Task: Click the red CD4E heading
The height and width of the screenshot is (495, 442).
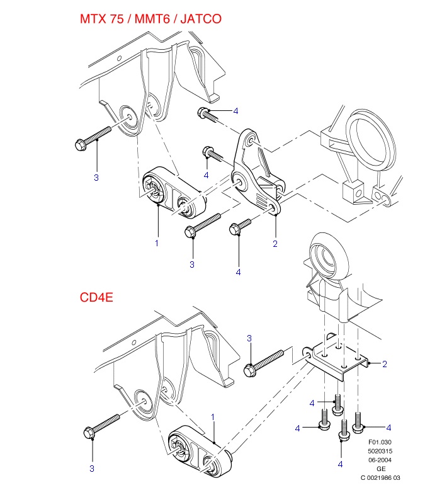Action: [x=96, y=296]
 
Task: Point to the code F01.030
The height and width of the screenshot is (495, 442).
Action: [x=380, y=442]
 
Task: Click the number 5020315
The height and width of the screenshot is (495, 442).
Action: [x=380, y=451]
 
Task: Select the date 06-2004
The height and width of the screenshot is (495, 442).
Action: [x=380, y=460]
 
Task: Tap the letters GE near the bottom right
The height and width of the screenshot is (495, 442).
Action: [x=381, y=469]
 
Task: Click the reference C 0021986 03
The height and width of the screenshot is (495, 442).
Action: [x=380, y=477]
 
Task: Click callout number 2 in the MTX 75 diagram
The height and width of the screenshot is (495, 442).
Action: [x=275, y=243]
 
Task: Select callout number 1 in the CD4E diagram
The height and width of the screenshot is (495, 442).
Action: [x=213, y=417]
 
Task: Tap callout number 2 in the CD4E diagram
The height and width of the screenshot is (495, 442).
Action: [x=384, y=364]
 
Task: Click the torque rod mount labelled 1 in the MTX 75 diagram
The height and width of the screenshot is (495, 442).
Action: [x=173, y=195]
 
